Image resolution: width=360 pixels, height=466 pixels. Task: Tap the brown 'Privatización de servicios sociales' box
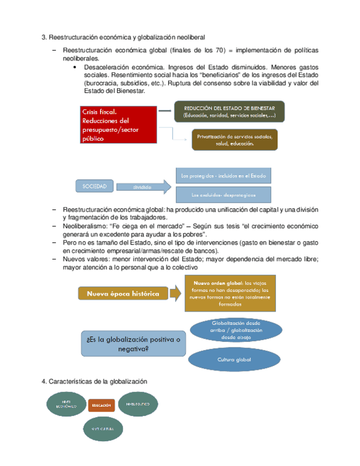[235, 140]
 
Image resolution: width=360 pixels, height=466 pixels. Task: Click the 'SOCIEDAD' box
[94, 186]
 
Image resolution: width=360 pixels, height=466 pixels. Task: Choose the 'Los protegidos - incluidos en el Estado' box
[223, 176]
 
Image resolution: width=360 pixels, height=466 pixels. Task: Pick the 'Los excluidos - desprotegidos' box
[223, 195]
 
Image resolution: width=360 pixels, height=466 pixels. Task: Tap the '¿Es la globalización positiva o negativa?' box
[132, 343]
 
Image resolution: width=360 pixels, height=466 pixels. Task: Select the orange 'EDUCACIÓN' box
[101, 405]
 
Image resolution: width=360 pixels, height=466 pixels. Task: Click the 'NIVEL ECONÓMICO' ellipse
[65, 404]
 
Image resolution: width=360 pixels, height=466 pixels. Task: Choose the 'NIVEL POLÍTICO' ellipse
[139, 404]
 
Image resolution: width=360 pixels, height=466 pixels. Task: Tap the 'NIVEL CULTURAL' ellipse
[103, 428]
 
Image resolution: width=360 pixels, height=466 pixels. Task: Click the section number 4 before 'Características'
[43, 381]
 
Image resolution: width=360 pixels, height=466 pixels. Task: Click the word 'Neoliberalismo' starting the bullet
[85, 226]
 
